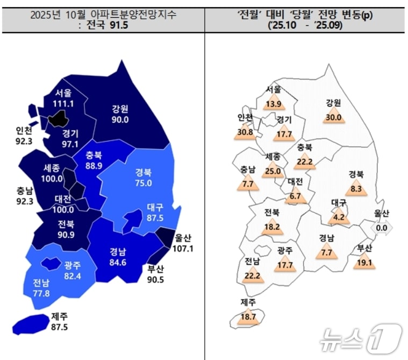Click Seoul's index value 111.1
pyautogui.click(x=64, y=103)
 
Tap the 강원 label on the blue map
pyautogui.click(x=120, y=108)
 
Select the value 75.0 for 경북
pyautogui.click(x=144, y=182)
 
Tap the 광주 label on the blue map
pyautogui.click(x=72, y=264)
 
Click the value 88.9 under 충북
pyautogui.click(x=94, y=166)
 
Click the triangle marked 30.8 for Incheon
pyautogui.click(x=245, y=131)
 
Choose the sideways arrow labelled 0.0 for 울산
pyautogui.click(x=382, y=228)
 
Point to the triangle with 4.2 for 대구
pyautogui.click(x=339, y=217)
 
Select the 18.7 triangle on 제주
pyautogui.click(x=248, y=316)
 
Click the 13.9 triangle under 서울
pyautogui.click(x=273, y=102)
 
